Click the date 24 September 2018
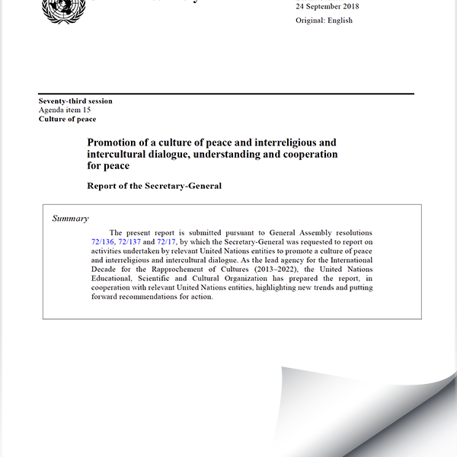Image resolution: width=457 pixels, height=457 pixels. [327, 7]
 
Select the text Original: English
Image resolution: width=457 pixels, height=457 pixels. [324, 21]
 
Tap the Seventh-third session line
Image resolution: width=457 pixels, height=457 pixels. [75, 101]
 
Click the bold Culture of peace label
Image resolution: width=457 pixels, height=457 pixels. [67, 120]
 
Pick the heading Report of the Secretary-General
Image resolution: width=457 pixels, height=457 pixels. [154, 185]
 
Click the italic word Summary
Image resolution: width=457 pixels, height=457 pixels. [70, 219]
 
